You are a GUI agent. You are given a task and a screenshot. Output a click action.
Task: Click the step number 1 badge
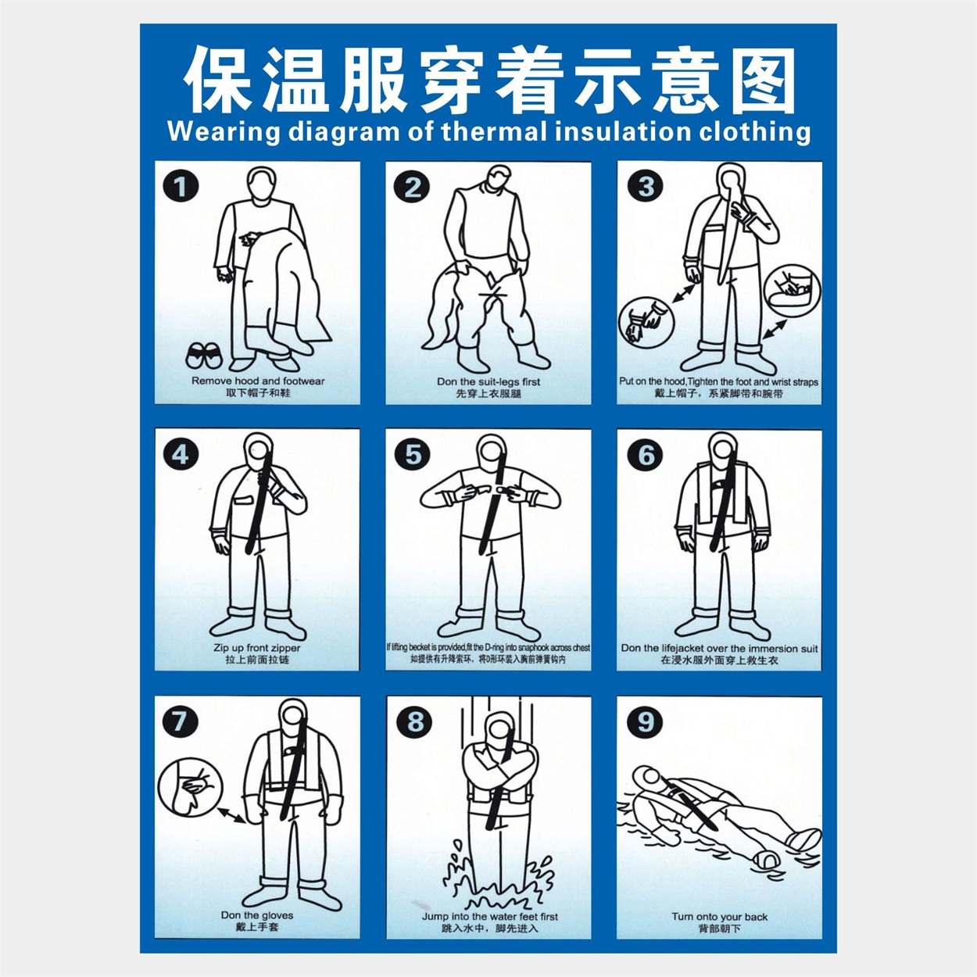(181, 187)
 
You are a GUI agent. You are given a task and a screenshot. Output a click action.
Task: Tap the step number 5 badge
(413, 454)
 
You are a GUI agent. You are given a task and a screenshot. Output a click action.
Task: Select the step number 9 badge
(645, 721)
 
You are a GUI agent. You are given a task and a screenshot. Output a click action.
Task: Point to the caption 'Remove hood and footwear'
(258, 381)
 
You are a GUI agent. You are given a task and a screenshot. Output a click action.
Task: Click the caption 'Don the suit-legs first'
(488, 382)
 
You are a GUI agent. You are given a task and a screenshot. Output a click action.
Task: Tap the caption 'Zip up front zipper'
(257, 648)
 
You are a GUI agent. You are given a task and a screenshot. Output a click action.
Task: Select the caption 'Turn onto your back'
(719, 917)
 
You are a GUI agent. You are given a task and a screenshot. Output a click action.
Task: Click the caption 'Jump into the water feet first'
(490, 917)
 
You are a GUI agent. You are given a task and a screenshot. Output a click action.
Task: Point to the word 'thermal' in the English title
(496, 131)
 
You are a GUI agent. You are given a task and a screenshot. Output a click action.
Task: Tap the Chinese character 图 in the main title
(757, 81)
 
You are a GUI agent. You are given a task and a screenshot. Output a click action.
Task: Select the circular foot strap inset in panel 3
(793, 290)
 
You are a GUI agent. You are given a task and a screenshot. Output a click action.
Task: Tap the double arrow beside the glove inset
(231, 815)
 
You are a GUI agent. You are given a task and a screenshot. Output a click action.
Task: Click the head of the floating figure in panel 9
(647, 778)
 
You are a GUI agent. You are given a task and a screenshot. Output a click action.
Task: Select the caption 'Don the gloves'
(257, 915)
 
